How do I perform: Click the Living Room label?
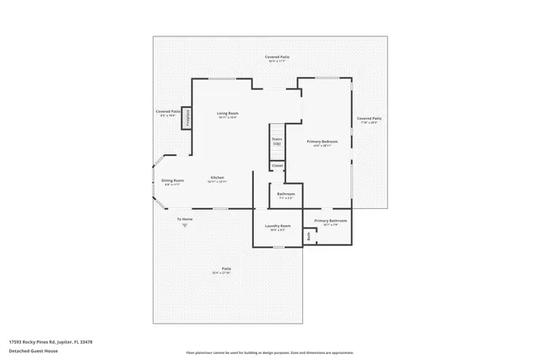227,114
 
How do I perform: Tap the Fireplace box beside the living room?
187,117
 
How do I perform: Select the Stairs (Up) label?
277,141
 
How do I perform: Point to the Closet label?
277,166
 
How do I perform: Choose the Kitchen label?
218,178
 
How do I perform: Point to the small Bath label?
309,236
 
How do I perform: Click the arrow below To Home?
183,226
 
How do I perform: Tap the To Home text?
184,220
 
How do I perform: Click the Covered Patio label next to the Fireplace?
168,112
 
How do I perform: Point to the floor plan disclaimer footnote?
270,352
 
